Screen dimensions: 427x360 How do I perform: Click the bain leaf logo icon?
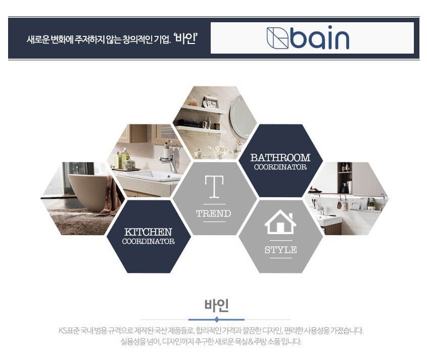tap(277, 38)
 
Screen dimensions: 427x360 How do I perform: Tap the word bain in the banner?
tap(320, 38)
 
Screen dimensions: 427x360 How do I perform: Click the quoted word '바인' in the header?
tap(185, 38)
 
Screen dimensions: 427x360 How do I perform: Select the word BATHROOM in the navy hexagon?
tap(280, 158)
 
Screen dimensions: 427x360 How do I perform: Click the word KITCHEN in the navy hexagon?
tap(148, 232)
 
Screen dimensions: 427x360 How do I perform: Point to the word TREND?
tap(213, 213)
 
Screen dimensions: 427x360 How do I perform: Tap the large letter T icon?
tap(214, 187)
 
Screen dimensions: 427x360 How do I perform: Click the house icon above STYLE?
tap(280, 222)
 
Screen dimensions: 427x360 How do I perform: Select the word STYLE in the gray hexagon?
tap(280, 250)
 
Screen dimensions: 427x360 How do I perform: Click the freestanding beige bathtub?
tap(87, 191)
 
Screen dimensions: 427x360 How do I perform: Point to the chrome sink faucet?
tap(169, 160)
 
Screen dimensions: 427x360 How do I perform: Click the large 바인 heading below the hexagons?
tap(216, 305)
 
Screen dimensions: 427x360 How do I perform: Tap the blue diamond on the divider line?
tap(216, 320)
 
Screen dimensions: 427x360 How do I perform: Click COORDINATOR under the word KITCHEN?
tap(148, 242)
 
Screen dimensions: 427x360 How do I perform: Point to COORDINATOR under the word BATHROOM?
tap(280, 167)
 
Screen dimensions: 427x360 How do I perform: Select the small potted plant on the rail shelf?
tap(371, 205)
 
